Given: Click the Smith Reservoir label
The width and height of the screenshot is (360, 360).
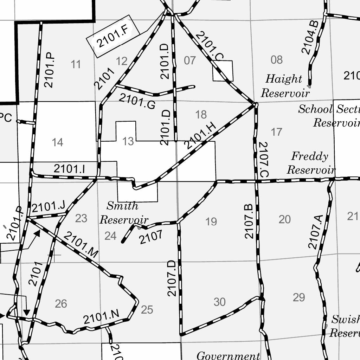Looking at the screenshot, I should pos(123,213).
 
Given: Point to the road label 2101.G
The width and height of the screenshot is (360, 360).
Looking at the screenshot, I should pos(137,101).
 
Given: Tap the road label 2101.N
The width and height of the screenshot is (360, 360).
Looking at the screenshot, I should pos(102,317).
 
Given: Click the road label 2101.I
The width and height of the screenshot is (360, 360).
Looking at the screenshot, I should pos(69,169).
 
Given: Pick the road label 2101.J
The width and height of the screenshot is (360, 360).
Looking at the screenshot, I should pos(49,207).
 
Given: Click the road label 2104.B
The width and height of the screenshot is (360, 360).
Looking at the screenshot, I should pos(310,37).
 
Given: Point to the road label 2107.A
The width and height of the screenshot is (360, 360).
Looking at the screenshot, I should pos(315,232).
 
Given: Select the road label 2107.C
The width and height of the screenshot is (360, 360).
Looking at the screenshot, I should pos(263,159).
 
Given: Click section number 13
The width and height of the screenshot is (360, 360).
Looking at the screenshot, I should pos(128,141).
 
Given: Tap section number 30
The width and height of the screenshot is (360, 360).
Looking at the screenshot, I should pos(220,302).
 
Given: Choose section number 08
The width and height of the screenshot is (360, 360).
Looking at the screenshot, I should pos(277,60).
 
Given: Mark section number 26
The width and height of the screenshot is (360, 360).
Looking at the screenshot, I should pos(61,304).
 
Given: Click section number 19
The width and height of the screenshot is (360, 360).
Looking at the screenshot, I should pos(211,221).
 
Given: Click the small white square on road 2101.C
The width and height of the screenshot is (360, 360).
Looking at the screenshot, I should pos(223,71).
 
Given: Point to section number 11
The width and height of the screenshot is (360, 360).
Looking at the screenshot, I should pos(76,64).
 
